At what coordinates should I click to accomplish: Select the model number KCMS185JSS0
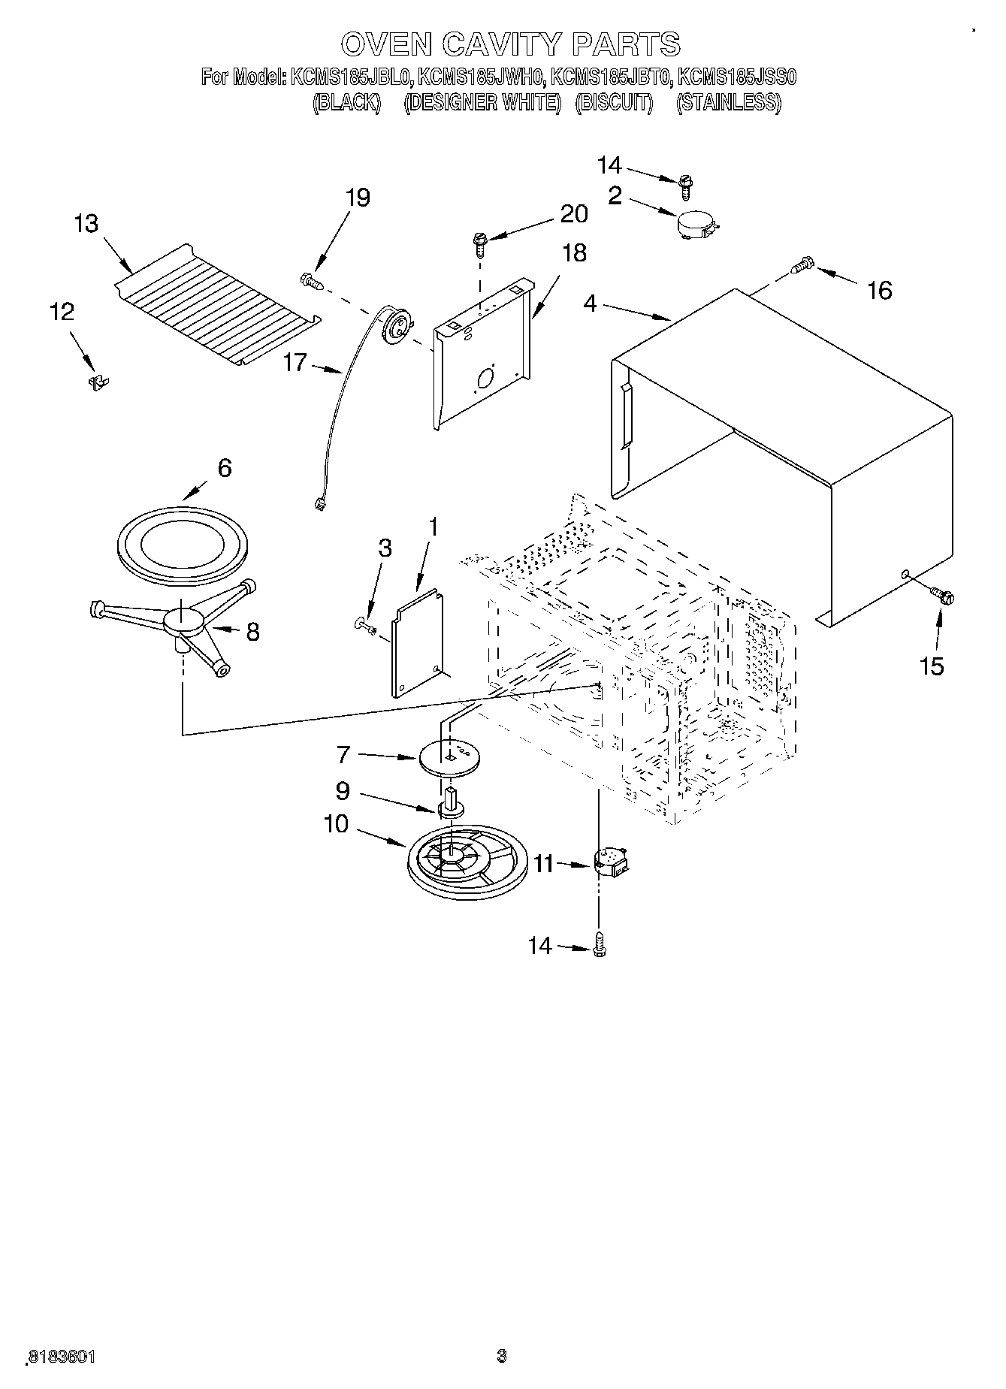pos(736,77)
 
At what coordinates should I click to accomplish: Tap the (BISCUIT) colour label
pos(614,103)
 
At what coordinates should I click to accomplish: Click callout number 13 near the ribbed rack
pos(86,224)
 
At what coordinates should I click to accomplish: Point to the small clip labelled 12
pos(98,382)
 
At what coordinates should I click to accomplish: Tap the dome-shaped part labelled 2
pos(695,224)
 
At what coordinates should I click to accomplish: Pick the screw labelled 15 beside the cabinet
pos(942,596)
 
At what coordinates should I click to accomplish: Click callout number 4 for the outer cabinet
pos(590,304)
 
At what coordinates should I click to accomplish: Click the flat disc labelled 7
pos(450,757)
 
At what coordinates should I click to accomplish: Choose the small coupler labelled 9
pos(450,805)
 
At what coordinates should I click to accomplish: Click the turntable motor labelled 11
pos(612,862)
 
